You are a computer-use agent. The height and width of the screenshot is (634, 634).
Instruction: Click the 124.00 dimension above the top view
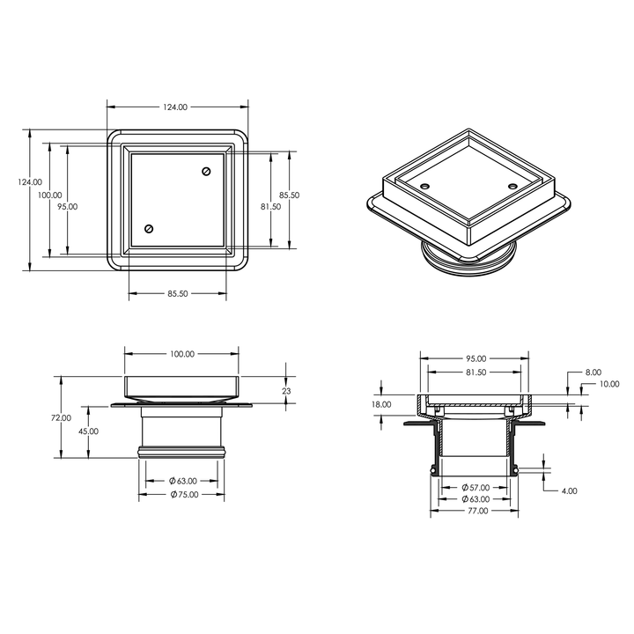coord(175,107)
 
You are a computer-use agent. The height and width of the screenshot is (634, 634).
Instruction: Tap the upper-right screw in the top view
coord(208,171)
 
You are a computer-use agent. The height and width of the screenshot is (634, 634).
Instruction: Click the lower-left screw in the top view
coord(148,230)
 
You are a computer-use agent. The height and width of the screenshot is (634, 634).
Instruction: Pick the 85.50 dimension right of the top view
coord(289,195)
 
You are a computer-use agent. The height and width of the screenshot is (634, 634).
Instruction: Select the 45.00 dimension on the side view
coord(88,431)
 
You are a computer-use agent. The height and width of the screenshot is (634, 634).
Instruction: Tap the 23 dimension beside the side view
coord(285,391)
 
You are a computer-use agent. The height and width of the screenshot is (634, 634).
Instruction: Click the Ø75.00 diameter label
coord(183,494)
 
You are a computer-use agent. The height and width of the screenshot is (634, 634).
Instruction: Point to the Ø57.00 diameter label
coord(476,487)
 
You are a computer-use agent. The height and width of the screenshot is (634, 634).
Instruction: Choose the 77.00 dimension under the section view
coord(476,510)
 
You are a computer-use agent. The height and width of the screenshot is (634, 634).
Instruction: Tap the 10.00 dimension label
coord(608,384)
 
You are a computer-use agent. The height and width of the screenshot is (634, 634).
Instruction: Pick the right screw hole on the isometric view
coord(514,187)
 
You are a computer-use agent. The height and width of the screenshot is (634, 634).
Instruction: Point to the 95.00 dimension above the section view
coord(475,358)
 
